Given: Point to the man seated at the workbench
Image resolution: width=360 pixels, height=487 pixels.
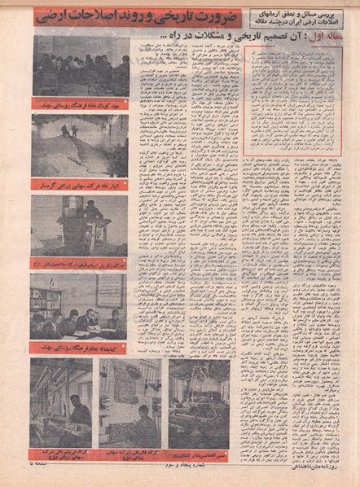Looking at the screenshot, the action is click(91, 214).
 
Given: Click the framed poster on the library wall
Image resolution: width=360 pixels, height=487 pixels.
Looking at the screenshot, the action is click(107, 291).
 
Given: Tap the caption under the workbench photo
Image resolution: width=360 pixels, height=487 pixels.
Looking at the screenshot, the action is click(80, 264).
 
